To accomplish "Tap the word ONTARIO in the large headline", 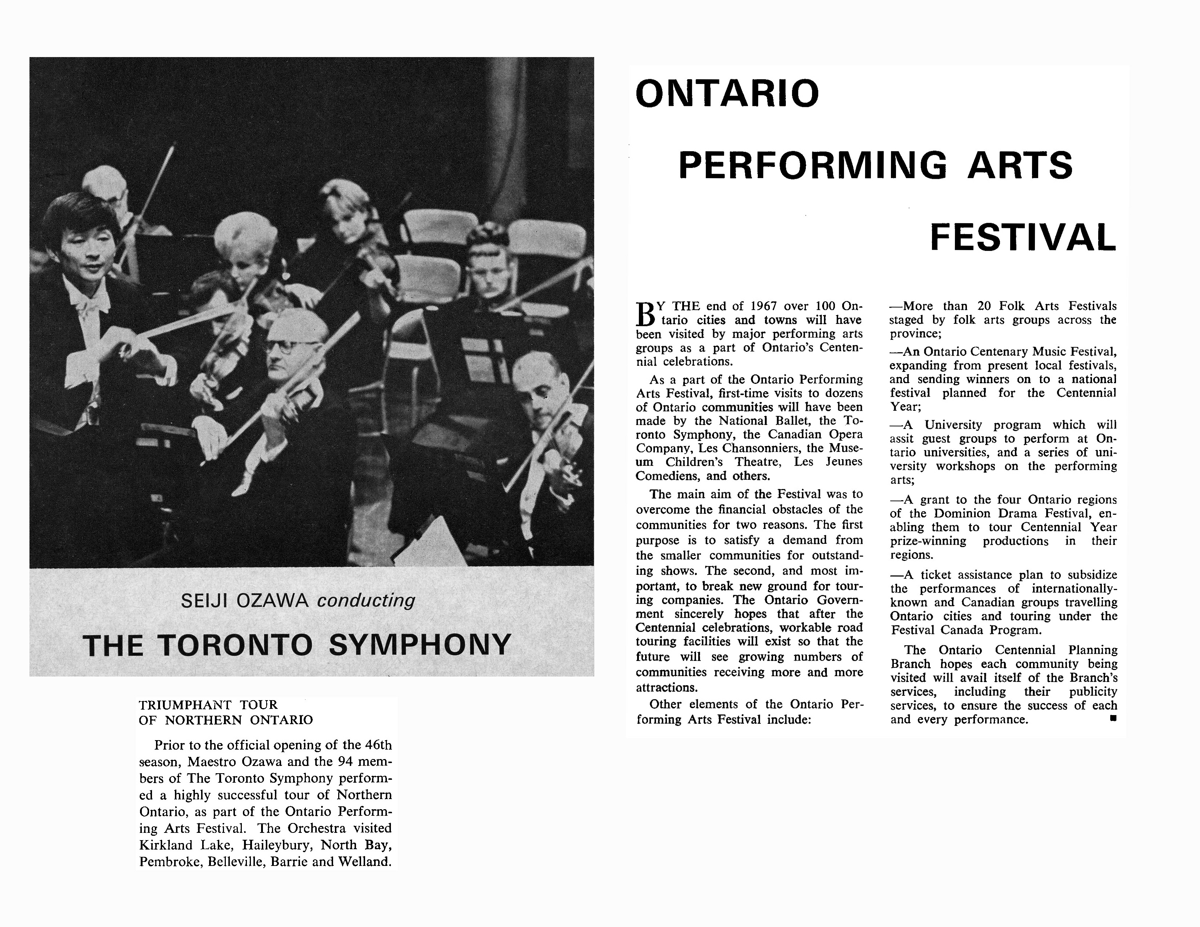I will pyautogui.click(x=727, y=93).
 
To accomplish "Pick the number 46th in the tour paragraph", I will pyautogui.click(x=378, y=745).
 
